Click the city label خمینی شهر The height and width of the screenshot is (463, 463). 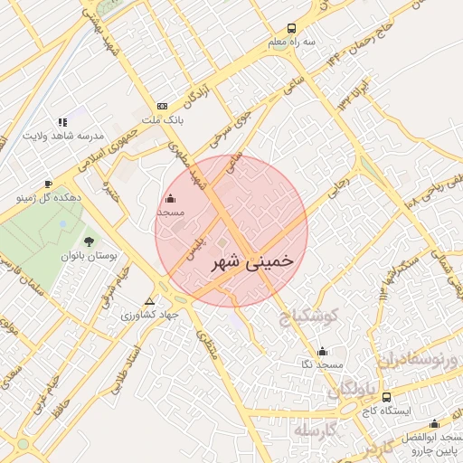252,261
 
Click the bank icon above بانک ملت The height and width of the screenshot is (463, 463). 162,105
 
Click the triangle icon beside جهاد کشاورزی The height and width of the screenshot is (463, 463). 150,302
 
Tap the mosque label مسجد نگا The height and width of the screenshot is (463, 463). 322,364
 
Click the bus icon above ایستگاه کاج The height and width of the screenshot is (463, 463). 387,397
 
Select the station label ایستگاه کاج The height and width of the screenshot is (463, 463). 390,411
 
